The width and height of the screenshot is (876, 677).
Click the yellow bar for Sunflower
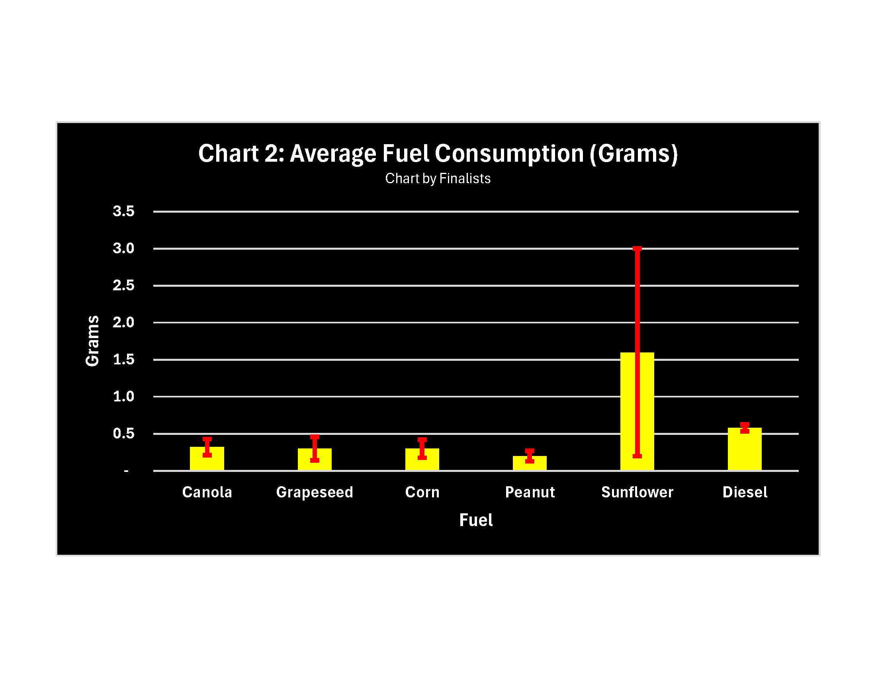point(637,411)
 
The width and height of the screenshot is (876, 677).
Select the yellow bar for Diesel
point(745,449)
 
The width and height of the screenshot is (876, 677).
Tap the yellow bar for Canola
point(207,458)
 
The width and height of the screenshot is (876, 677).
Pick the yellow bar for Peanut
point(530,463)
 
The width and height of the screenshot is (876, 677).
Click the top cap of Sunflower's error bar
point(637,248)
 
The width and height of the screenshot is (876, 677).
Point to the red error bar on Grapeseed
point(315,448)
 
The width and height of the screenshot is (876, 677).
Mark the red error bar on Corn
point(422,448)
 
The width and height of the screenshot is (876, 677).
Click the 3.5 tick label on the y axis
point(123,211)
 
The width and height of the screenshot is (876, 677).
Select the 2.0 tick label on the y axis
point(123,322)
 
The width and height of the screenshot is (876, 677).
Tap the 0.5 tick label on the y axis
point(123,433)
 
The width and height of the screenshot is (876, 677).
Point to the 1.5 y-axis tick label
point(123,359)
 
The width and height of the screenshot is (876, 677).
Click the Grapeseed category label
point(315,492)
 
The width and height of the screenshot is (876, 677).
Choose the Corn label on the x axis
point(422,492)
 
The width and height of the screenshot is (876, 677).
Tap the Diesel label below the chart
point(745,492)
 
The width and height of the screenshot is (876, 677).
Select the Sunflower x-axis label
point(637,492)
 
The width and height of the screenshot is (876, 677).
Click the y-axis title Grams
point(93,340)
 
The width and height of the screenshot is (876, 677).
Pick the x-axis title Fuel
point(476,520)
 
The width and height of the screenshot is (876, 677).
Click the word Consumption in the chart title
point(509,154)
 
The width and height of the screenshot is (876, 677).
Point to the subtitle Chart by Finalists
point(438,178)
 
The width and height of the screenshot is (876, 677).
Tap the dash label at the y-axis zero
point(126,471)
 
